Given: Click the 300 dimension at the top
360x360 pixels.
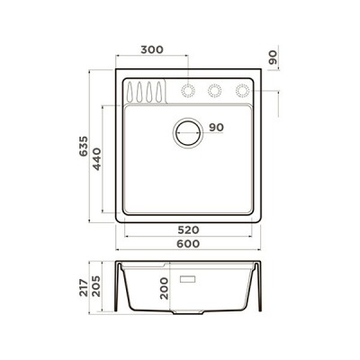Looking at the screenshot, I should tap(152, 50).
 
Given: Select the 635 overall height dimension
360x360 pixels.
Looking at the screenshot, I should tap(83, 147).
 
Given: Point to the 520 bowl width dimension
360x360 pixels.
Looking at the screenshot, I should tap(187, 231).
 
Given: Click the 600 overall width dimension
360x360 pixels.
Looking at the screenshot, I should tap(187, 245).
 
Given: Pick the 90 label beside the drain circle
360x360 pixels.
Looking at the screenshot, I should tap(216, 128).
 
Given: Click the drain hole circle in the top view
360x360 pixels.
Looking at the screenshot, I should tap(189, 132).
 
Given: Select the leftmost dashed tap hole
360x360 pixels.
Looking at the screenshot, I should tap(189, 90).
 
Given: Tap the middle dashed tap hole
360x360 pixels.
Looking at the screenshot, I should tap(215, 90).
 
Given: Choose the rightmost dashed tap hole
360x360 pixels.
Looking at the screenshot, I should tap(241, 90).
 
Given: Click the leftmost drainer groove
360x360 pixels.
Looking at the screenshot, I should tap(132, 92).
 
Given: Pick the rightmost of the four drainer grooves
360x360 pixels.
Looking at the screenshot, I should tap(161, 92).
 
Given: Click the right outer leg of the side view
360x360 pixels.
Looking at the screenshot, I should tap(261, 288).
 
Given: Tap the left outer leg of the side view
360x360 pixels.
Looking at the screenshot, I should tap(118, 288).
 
